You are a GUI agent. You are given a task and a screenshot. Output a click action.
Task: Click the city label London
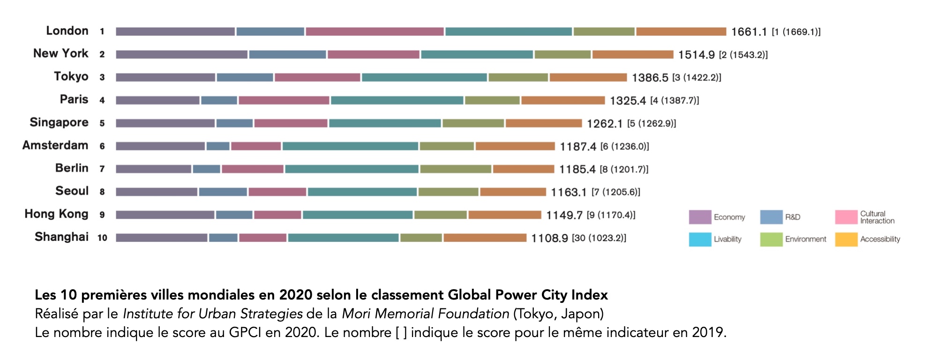click(67, 31)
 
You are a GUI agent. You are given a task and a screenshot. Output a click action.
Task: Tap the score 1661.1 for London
click(749, 32)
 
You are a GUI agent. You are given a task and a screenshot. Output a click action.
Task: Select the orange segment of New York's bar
click(632, 54)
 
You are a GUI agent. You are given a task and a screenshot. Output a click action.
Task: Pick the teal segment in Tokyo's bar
click(424, 77)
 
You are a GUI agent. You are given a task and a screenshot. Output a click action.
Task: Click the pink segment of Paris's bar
click(284, 100)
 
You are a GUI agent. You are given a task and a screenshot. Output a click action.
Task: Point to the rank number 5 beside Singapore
click(102, 123)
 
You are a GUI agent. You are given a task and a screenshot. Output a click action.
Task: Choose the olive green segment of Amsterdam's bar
click(447, 146)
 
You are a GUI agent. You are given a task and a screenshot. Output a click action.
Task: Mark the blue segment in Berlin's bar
click(206, 169)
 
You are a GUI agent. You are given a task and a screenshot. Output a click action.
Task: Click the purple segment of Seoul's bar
click(157, 192)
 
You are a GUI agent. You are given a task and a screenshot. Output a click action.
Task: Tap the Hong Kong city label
click(56, 214)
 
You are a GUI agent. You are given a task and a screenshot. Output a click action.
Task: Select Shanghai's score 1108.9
click(549, 238)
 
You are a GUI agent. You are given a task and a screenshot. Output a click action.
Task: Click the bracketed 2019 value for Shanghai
click(599, 238)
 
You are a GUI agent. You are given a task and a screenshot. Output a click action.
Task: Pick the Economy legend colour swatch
click(700, 217)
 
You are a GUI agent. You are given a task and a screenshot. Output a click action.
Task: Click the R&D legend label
click(793, 217)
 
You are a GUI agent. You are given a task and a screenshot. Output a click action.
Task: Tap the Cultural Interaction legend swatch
click(846, 217)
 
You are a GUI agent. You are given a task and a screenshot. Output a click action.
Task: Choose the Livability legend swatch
click(700, 239)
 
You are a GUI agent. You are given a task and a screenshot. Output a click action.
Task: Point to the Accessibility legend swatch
click(846, 239)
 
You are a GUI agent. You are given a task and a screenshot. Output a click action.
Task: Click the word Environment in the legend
click(806, 239)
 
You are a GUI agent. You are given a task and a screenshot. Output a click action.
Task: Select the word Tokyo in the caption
click(533, 314)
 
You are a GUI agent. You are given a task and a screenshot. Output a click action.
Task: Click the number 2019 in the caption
click(708, 332)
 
